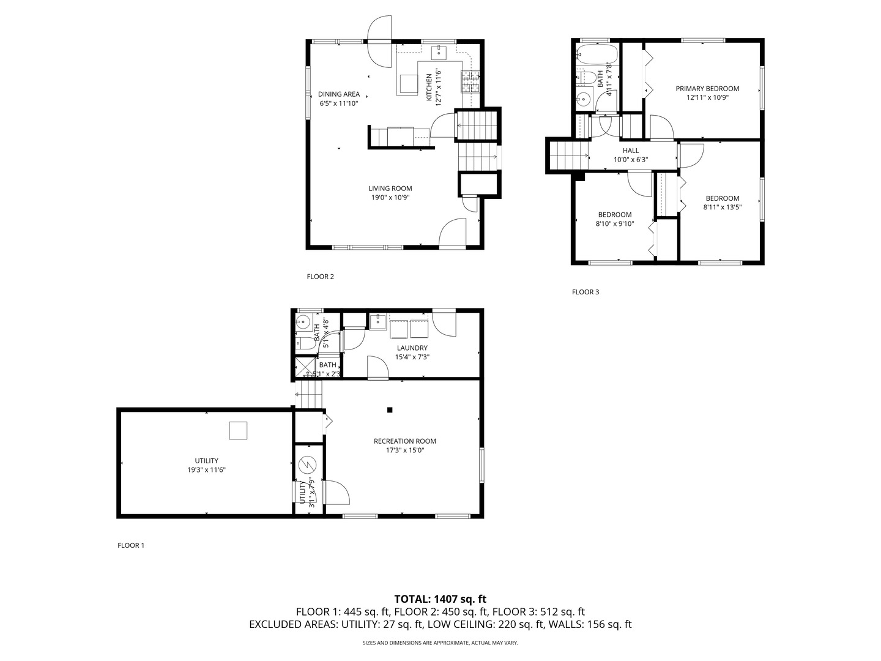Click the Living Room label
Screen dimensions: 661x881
pyautogui.click(x=390, y=189)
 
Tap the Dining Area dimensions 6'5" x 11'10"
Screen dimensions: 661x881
pyautogui.click(x=338, y=103)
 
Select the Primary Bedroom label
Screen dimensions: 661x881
pyautogui.click(x=707, y=89)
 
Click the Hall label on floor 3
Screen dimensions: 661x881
pyautogui.click(x=631, y=151)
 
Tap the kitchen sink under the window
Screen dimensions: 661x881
pyautogui.click(x=440, y=53)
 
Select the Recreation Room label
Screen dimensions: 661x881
pyautogui.click(x=404, y=441)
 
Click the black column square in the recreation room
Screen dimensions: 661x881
pyautogui.click(x=389, y=410)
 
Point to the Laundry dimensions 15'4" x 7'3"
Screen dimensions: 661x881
pyautogui.click(x=412, y=357)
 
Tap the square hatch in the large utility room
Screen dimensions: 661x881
pyautogui.click(x=238, y=431)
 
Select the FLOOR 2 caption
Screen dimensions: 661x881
pyautogui.click(x=320, y=277)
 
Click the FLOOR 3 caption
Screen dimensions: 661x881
pyautogui.click(x=585, y=292)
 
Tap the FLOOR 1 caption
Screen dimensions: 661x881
pyautogui.click(x=130, y=545)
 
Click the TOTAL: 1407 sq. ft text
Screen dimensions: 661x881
pyautogui.click(x=440, y=599)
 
